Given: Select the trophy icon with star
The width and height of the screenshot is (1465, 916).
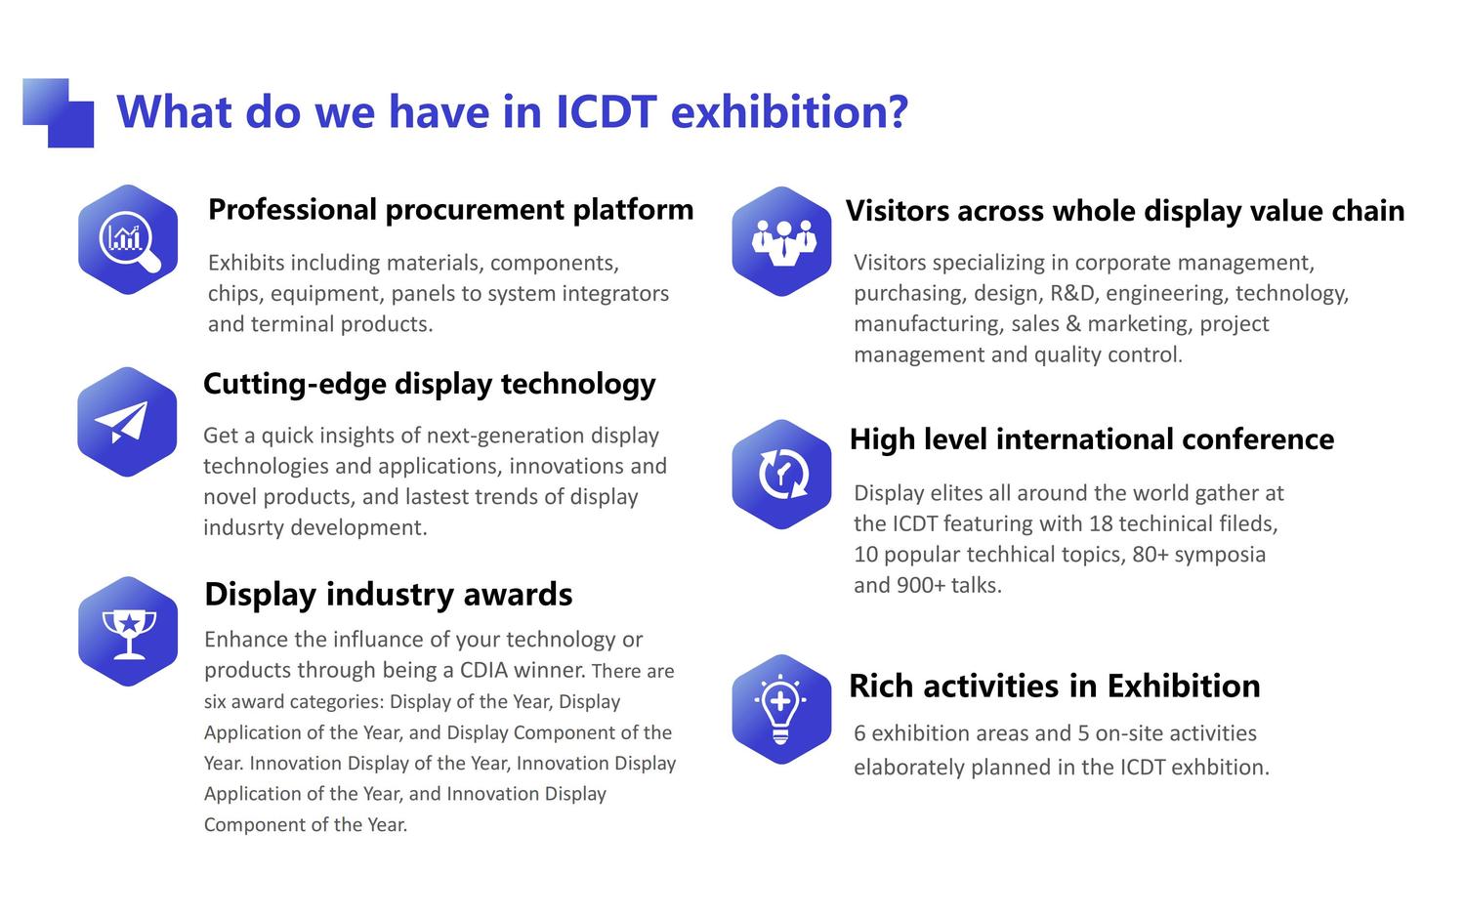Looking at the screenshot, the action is (x=128, y=632).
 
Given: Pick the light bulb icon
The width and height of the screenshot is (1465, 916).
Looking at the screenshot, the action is (x=781, y=709).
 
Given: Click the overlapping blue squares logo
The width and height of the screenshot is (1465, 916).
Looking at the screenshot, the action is (x=59, y=113).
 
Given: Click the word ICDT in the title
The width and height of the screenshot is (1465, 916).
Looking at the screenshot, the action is (x=606, y=111).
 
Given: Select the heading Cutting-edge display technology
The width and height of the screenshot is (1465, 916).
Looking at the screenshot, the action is (x=429, y=385).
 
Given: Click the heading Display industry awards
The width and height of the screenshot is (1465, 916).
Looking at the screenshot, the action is (x=389, y=595).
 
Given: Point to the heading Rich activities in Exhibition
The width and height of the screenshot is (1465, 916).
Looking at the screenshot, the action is (x=1054, y=686).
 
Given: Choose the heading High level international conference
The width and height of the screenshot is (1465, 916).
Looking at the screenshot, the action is (x=1092, y=438).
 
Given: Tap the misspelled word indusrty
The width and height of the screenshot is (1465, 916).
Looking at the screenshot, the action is (x=242, y=527).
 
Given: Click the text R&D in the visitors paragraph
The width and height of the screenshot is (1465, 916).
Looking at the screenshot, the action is (x=1072, y=293).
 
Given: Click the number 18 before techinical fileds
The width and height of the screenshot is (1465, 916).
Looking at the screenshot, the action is (x=1101, y=523).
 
